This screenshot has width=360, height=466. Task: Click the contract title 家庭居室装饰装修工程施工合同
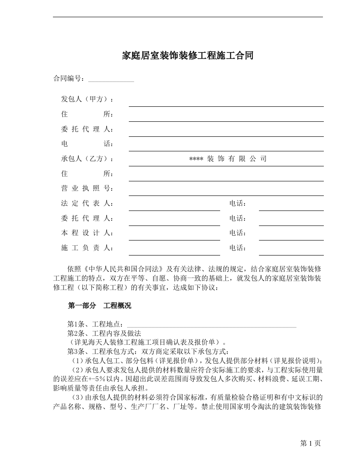point(187,56)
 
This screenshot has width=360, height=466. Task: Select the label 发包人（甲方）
point(87,99)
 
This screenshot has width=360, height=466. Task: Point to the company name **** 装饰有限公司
point(228,159)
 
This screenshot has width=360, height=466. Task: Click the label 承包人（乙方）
point(87,159)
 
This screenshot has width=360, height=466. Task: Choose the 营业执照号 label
point(87,189)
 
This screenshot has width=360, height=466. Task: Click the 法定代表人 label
point(87,203)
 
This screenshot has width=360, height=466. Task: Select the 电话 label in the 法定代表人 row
point(238,203)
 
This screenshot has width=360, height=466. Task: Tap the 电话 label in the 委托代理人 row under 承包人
point(238,218)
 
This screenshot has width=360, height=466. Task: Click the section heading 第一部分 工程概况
point(99,305)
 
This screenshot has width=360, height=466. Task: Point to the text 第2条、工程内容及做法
point(104,333)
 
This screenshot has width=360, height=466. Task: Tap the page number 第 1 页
point(310,443)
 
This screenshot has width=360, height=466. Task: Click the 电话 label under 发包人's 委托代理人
point(87,144)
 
